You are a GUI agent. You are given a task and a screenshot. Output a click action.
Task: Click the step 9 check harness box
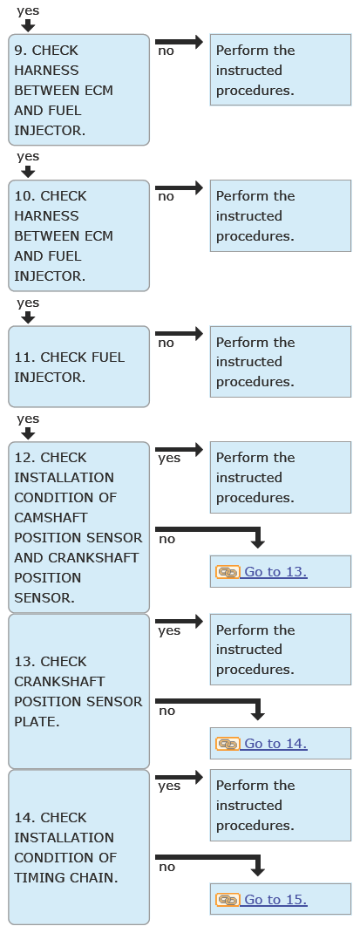tap(78, 90)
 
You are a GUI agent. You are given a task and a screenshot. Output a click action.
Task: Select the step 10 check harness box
tap(78, 235)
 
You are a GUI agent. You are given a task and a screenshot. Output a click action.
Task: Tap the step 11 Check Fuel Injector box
tap(78, 366)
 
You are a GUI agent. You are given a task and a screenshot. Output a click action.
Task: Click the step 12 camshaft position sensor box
tap(78, 528)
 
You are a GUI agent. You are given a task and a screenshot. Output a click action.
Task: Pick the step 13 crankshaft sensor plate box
tap(78, 691)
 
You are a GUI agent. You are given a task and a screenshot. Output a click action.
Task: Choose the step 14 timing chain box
tap(78, 848)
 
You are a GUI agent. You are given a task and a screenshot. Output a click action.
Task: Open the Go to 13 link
tap(275, 572)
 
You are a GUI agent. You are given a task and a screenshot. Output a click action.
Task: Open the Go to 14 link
tap(275, 744)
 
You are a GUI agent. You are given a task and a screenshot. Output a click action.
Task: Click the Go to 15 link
tap(275, 900)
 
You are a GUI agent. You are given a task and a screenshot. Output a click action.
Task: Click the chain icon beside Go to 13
tap(228, 572)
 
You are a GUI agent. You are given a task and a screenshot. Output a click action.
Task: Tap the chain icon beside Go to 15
tap(228, 900)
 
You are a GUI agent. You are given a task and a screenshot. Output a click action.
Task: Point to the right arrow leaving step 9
tap(179, 42)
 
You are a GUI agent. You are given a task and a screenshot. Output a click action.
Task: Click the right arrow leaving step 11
tap(179, 333)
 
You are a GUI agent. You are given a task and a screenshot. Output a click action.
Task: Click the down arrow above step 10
tap(27, 172)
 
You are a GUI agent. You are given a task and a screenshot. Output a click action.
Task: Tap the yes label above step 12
tap(28, 419)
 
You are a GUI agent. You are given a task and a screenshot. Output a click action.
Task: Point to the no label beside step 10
tap(166, 196)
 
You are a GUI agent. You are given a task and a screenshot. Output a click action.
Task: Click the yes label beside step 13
tap(169, 630)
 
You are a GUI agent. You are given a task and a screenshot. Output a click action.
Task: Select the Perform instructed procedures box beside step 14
tap(281, 805)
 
